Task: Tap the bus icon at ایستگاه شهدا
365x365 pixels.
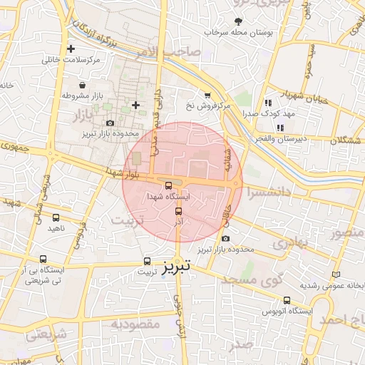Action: click(168, 185)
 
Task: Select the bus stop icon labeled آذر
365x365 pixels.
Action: click(178, 211)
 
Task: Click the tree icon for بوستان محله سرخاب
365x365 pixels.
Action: click(238, 21)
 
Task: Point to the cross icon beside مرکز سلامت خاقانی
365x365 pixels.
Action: click(71, 49)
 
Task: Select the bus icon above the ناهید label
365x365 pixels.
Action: click(56, 218)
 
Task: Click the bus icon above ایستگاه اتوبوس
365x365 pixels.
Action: click(287, 300)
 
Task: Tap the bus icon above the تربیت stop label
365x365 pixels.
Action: click(148, 261)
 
